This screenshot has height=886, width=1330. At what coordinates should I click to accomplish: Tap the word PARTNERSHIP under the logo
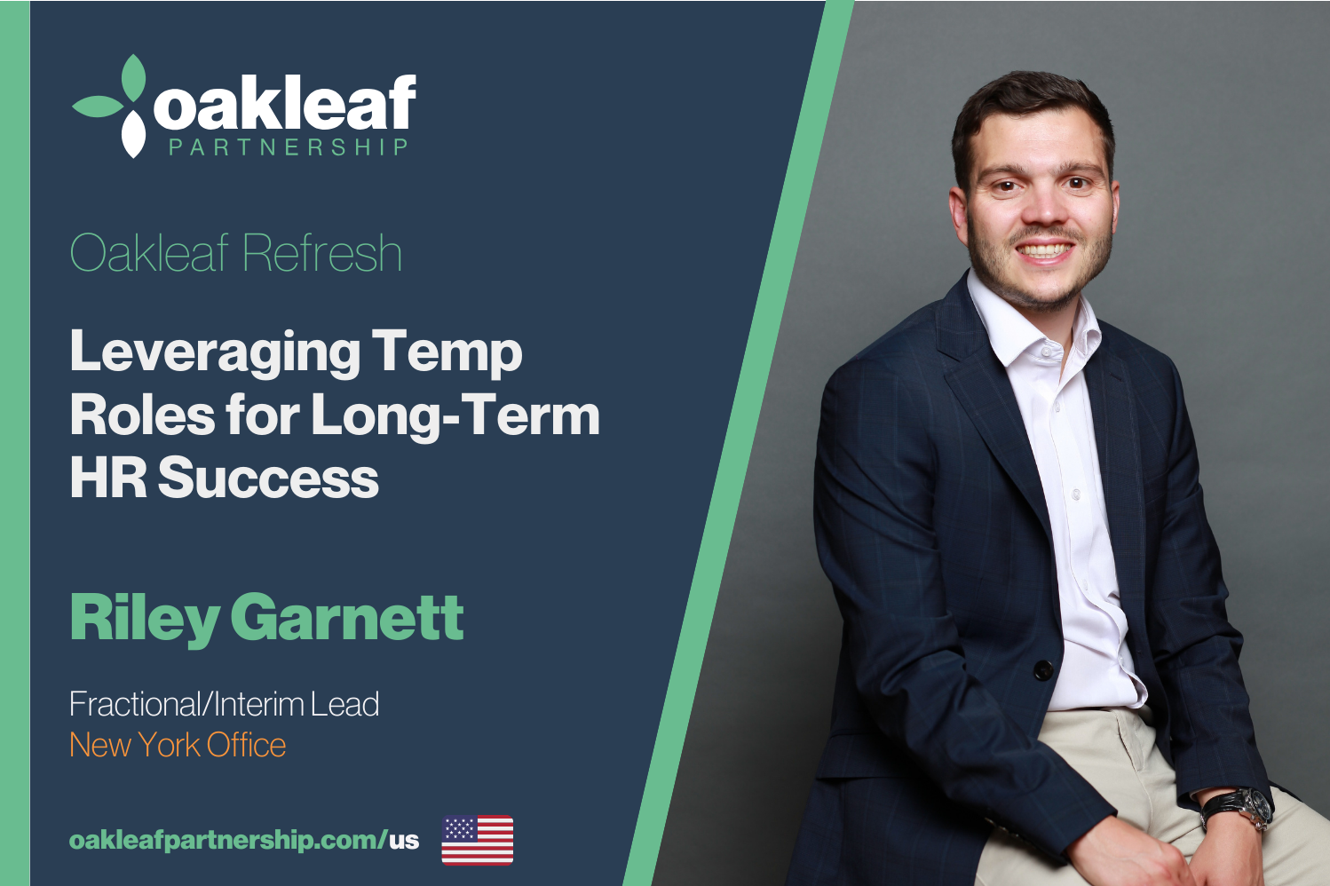click(289, 147)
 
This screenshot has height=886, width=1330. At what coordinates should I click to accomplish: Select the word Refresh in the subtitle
click(322, 254)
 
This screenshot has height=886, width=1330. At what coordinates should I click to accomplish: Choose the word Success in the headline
click(268, 478)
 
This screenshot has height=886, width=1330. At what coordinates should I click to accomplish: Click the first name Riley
click(145, 620)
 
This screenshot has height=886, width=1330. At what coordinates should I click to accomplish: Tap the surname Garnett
click(351, 618)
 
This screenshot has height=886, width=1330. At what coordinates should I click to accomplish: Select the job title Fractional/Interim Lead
click(225, 704)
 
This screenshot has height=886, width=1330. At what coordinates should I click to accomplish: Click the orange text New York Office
click(178, 745)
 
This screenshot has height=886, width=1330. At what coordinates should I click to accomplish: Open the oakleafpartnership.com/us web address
click(244, 841)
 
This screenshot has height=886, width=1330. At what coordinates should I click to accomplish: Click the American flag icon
click(478, 840)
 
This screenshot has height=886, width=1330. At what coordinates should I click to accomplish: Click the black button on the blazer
click(1043, 670)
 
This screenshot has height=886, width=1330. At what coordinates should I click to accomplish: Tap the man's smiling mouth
click(1044, 250)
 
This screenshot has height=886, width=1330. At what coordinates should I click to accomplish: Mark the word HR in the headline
click(108, 478)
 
